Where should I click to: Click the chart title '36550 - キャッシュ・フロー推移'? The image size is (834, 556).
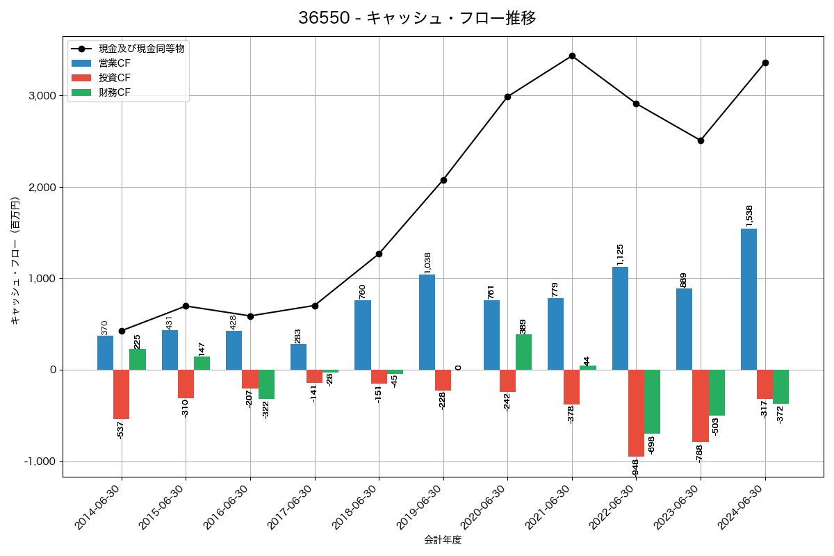coord(417,18)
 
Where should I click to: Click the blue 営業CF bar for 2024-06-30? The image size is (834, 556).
coord(749,299)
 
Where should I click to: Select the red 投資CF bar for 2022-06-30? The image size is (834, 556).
coord(636,413)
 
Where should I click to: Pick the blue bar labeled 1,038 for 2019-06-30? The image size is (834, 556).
coord(427,322)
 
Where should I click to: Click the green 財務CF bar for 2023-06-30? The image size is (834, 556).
coord(717,393)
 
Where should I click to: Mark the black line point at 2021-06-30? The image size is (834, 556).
coord(572,56)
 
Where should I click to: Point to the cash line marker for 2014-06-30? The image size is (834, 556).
coord(122,331)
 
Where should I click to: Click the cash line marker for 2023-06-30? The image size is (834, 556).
coord(701,140)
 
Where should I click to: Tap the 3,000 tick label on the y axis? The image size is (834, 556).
coord(42,96)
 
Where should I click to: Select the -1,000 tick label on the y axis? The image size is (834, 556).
coord(40,461)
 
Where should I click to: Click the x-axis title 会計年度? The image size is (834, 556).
coord(443,540)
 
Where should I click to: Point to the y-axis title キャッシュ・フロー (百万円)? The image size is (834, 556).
coord(15,261)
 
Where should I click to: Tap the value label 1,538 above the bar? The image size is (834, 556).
coord(749,215)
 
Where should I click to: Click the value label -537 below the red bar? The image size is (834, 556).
coord(121,430)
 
